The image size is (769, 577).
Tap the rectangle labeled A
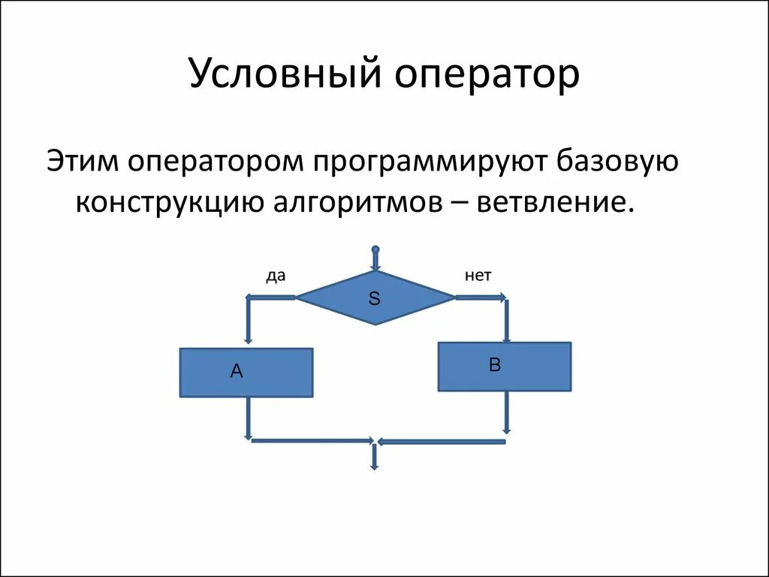tap(246, 372)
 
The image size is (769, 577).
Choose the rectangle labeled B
tap(504, 366)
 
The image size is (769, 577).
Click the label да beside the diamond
tap(276, 276)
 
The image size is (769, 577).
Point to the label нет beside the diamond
tap(478, 276)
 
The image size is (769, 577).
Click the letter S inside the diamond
tap(375, 298)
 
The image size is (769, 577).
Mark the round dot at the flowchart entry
tap(375, 249)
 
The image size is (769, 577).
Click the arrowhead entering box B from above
tap(507, 337)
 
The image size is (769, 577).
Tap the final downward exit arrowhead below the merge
tap(374, 466)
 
